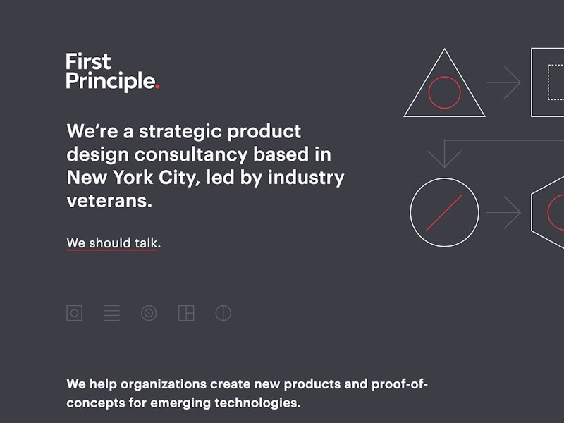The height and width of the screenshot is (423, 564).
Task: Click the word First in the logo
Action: tap(88, 62)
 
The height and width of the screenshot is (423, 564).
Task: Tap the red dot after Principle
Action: tap(157, 87)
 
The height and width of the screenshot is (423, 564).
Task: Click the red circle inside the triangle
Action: tap(444, 92)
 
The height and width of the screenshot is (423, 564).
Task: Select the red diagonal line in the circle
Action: tap(444, 212)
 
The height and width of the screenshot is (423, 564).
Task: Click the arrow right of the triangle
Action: tap(504, 83)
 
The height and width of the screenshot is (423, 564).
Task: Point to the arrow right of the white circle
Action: tap(504, 212)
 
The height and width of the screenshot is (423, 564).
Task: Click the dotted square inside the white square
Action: tap(557, 82)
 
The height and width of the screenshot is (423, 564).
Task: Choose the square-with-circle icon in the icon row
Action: tap(74, 313)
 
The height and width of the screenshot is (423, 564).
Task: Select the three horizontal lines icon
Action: tap(111, 313)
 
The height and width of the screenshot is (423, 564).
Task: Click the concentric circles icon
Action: tap(149, 313)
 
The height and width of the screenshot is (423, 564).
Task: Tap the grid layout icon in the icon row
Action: tap(186, 313)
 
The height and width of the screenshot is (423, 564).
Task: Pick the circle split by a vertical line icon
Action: tap(223, 313)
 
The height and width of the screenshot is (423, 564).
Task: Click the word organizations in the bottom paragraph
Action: tap(164, 384)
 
